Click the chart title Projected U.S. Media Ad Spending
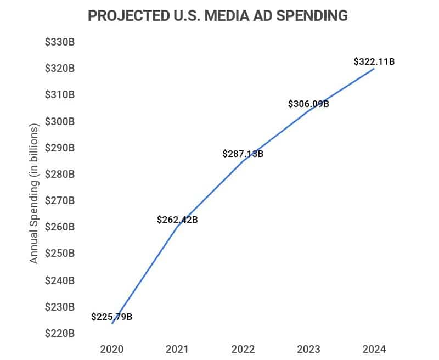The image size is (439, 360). click(218, 16)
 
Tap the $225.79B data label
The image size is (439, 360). click(112, 317)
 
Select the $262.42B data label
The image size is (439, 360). click(177, 220)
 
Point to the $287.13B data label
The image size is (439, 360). click(243, 154)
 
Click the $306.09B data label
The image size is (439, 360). click(308, 103)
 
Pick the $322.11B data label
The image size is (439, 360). click(374, 62)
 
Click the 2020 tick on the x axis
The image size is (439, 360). click(112, 349)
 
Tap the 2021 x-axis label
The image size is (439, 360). click(177, 349)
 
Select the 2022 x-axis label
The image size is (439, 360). click(243, 349)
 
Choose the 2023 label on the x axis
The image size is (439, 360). click(308, 349)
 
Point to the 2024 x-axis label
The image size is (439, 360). click(374, 349)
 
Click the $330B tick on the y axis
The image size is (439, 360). click(60, 42)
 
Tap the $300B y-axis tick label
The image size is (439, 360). click(60, 121)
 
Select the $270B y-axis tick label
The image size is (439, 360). click(60, 201)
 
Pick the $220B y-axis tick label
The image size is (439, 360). click(60, 333)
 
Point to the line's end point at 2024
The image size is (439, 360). click(374, 69)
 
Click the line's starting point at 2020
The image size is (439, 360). click(112, 323)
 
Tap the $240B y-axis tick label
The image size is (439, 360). click(60, 280)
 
